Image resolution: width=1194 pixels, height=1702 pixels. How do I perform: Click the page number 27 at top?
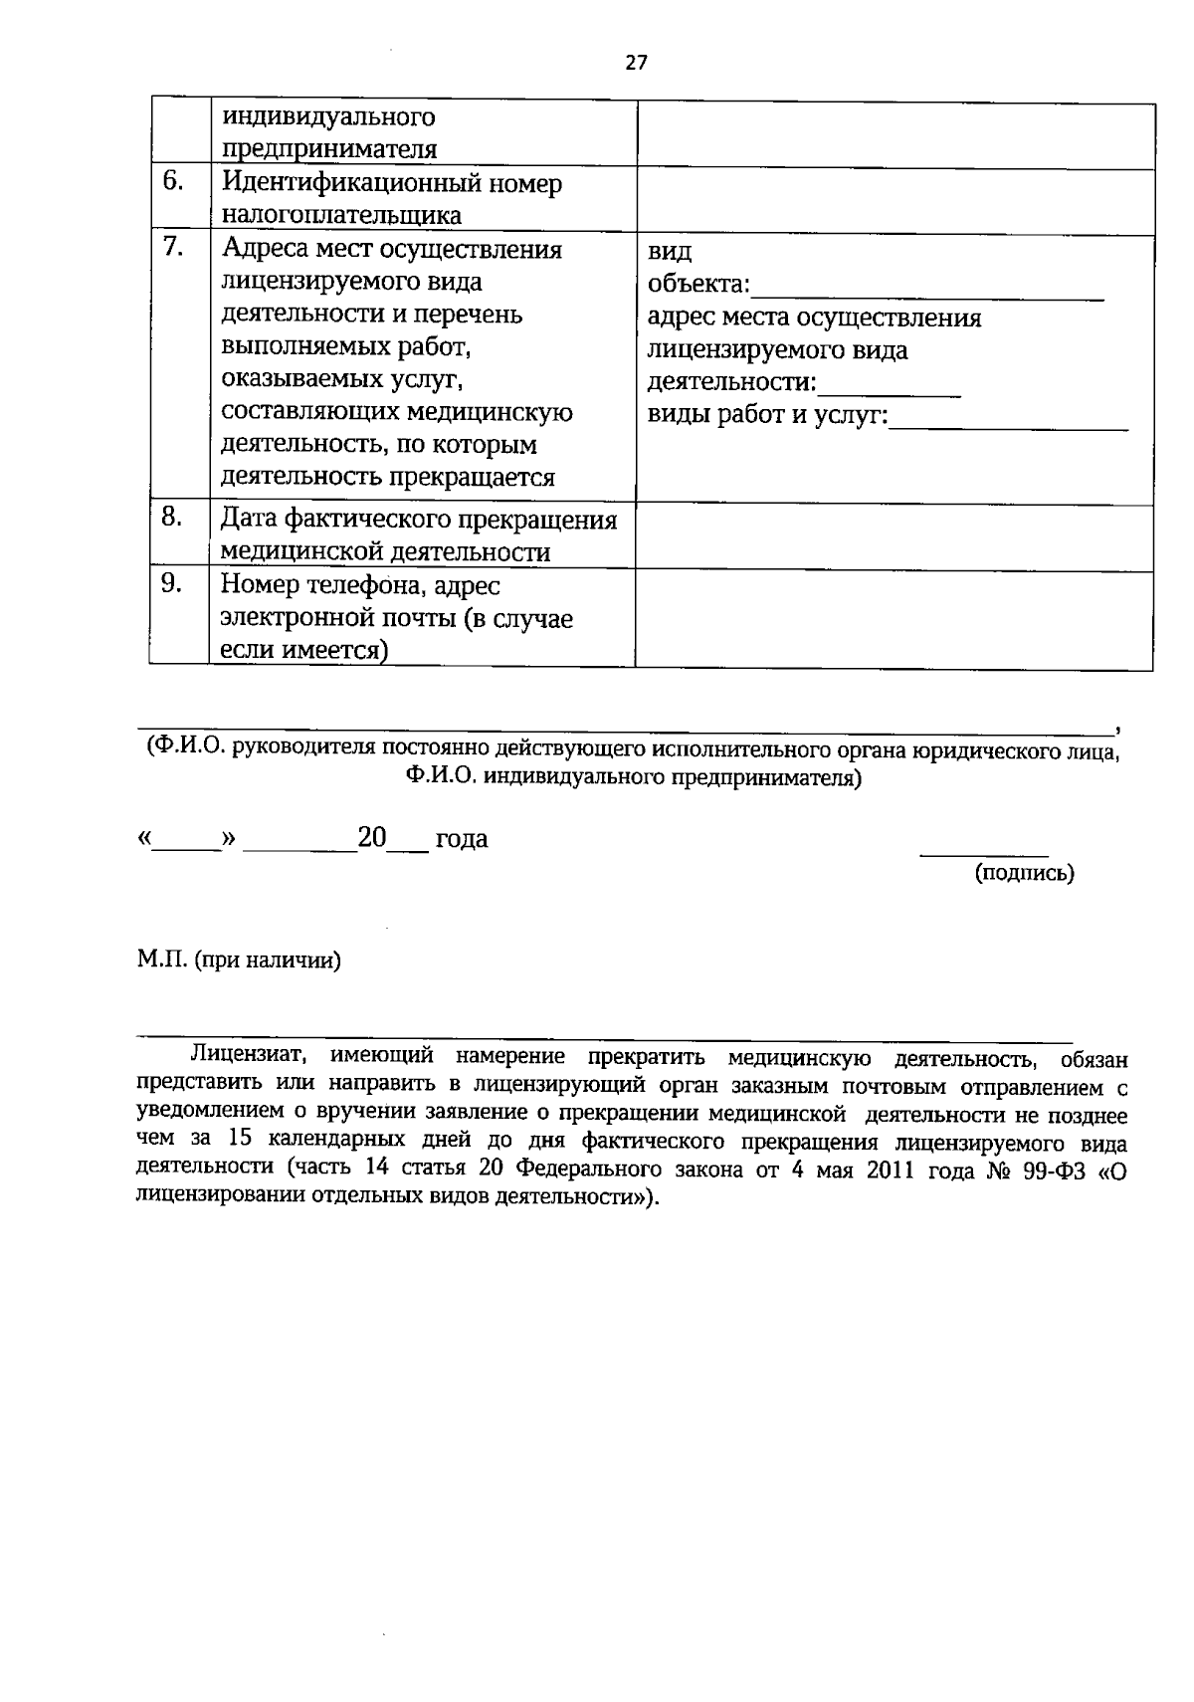pyautogui.click(x=636, y=64)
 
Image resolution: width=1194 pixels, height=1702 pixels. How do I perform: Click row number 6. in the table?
pyautogui.click(x=174, y=182)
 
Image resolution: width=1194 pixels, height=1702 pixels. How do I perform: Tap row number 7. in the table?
pyautogui.click(x=174, y=247)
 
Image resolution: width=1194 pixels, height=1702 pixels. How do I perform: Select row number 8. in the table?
pyautogui.click(x=172, y=517)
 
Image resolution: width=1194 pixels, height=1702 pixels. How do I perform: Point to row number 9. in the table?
pyautogui.click(x=172, y=583)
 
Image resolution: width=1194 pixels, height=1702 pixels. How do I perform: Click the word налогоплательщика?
pyautogui.click(x=340, y=216)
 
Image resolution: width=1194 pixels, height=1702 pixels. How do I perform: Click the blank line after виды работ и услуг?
pyautogui.click(x=1008, y=426)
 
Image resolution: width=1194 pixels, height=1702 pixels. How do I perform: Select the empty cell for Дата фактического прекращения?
pyautogui.click(x=894, y=535)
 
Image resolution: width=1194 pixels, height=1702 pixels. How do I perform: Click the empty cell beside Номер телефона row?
pyautogui.click(x=894, y=617)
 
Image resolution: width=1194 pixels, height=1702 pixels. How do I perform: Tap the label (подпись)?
pyautogui.click(x=1024, y=874)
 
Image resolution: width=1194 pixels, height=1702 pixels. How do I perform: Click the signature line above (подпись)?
pyautogui.click(x=984, y=854)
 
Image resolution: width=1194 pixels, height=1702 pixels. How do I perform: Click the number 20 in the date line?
pyautogui.click(x=372, y=838)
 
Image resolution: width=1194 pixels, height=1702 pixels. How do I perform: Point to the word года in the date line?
pyautogui.click(x=462, y=840)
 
